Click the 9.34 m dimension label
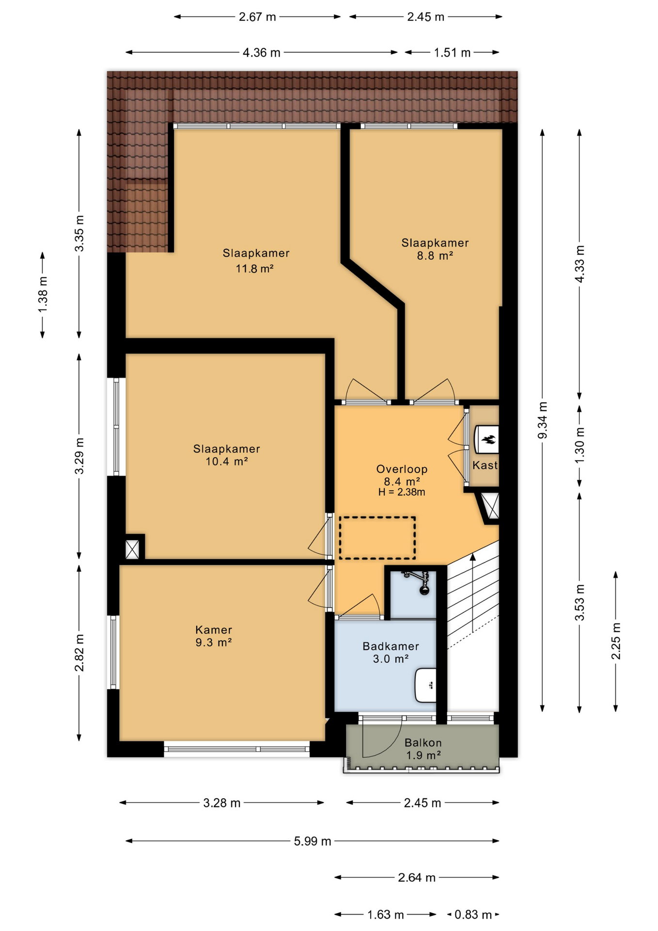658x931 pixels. click(543, 420)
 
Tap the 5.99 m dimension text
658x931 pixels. click(313, 841)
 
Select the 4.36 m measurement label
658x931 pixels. click(262, 52)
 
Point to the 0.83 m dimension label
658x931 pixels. click(473, 915)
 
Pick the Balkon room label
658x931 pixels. click(423, 742)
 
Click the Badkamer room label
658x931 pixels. click(391, 646)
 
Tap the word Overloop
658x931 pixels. click(402, 469)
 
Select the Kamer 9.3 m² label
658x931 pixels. click(214, 636)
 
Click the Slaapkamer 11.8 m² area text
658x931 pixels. click(256, 260)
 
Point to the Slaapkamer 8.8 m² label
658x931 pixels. click(435, 249)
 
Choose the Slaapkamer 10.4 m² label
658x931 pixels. click(227, 455)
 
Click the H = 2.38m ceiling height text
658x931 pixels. click(402, 492)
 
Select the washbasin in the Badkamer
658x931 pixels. click(425, 685)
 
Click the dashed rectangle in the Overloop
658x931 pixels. click(377, 538)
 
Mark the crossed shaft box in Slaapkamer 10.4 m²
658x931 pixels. click(132, 549)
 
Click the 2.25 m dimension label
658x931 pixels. click(616, 641)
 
